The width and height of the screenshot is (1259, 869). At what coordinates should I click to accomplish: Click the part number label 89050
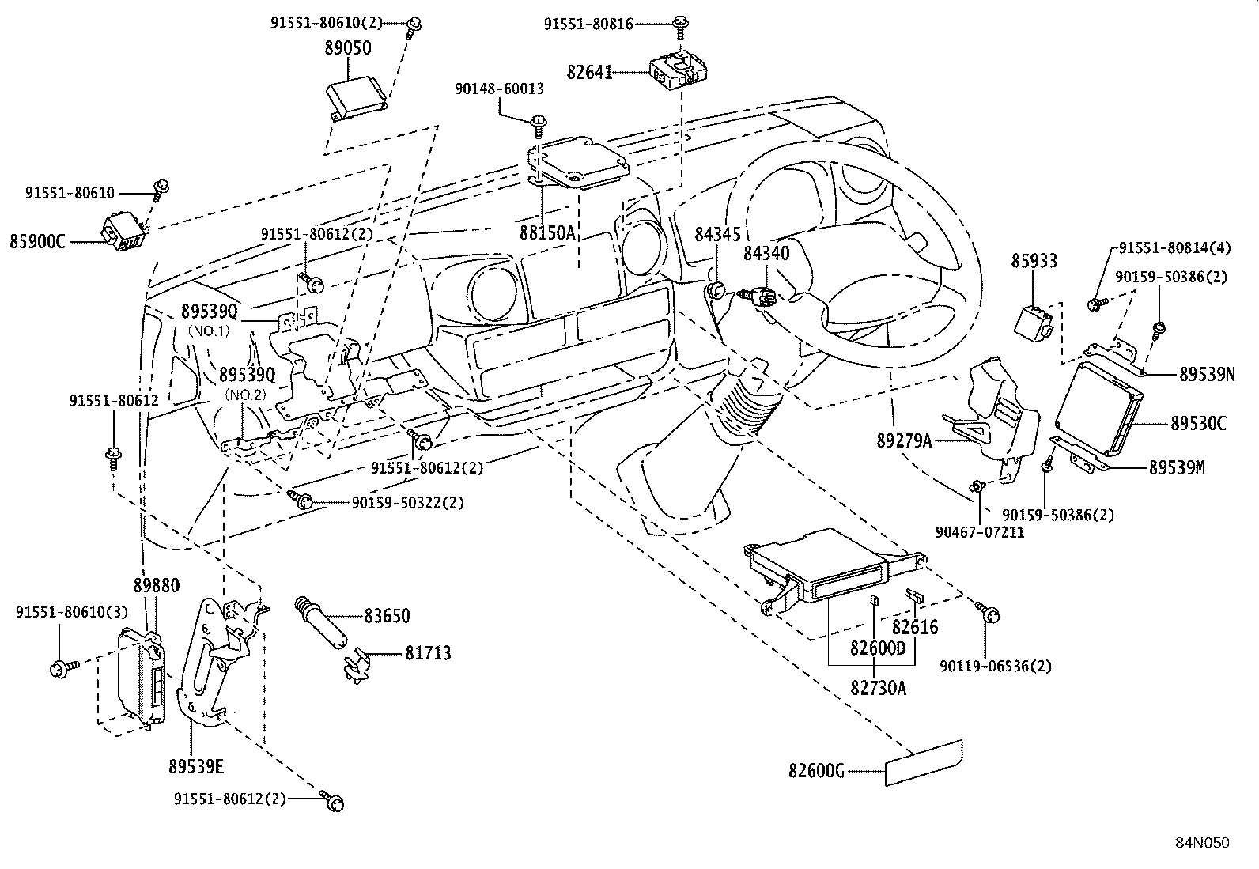(347, 48)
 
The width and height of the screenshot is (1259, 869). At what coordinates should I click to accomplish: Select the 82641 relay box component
(675, 70)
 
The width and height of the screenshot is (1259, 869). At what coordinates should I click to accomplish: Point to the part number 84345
(717, 234)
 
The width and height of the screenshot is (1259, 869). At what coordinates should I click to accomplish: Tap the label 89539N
(1206, 376)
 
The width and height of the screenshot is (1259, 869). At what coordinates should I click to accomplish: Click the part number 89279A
(904, 441)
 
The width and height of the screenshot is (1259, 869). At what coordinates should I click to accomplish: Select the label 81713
(428, 653)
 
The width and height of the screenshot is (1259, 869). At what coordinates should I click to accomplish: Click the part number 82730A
(878, 688)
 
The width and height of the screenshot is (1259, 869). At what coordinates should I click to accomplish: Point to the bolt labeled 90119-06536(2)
(989, 612)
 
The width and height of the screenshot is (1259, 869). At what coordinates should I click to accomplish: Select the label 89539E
(196, 766)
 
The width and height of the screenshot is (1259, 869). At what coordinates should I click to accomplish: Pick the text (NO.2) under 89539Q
(246, 393)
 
